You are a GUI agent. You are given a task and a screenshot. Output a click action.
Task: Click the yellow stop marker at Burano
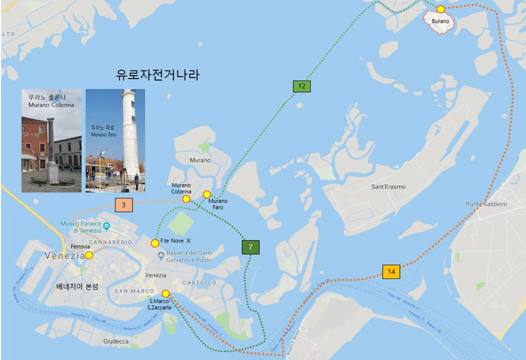pos(440,9)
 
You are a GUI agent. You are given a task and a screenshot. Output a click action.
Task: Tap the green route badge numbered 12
pos(302,86)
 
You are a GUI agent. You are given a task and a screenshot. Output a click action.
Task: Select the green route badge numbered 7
pos(251,247)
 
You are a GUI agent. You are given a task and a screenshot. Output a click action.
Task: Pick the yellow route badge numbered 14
pos(391,271)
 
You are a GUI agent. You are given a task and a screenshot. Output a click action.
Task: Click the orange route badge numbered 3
pos(124,205)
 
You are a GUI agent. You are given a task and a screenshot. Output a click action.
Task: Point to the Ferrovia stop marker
pos(89,255)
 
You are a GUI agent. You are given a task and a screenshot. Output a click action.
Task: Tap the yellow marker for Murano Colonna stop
pos(186,199)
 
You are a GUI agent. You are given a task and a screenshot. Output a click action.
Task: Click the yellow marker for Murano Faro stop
pos(207,194)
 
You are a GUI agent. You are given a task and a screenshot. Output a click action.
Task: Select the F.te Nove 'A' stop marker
pos(155,243)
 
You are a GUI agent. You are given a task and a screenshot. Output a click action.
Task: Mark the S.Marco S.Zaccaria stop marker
pos(166,293)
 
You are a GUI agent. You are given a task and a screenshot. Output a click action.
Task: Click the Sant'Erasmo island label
pos(388,187)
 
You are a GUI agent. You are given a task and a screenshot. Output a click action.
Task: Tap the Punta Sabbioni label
pos(486,204)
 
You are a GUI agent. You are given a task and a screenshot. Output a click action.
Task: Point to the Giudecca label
pos(116,341)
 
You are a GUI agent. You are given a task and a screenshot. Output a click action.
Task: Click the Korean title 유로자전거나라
pos(158,75)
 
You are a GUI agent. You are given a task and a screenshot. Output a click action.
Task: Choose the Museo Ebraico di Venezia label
pos(81,227)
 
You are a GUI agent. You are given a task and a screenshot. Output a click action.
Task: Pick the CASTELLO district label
pos(199,283)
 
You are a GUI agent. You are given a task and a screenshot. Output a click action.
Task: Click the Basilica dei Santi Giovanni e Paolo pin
pos(160,256)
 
